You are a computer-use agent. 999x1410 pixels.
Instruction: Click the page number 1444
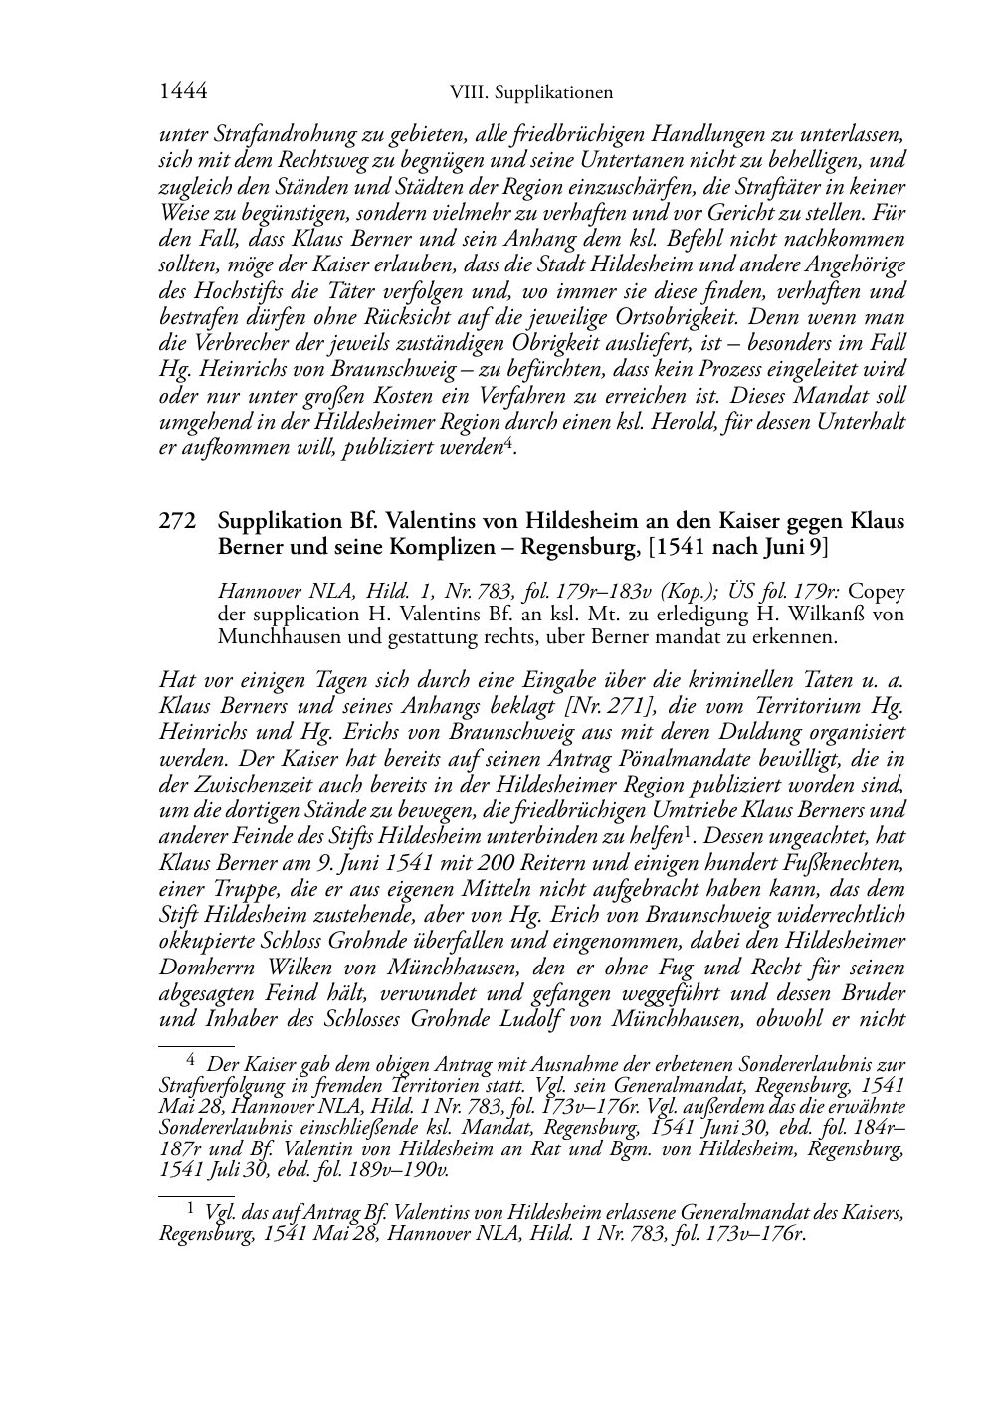(x=183, y=92)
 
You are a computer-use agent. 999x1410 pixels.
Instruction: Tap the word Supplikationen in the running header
(x=556, y=93)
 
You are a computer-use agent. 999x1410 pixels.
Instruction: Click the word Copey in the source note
(x=877, y=592)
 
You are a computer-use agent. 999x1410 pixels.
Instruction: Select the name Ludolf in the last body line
(x=529, y=1017)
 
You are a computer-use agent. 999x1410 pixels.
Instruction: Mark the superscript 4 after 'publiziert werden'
(x=507, y=443)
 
